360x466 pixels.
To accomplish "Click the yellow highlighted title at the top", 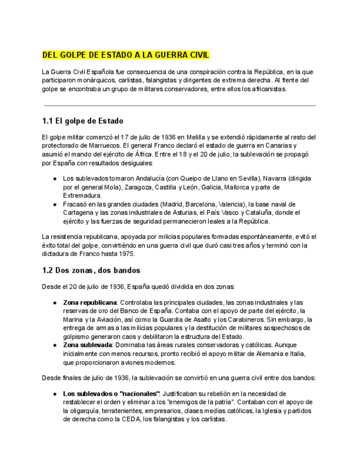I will click(x=126, y=56).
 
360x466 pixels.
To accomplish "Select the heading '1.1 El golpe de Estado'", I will click(x=82, y=121).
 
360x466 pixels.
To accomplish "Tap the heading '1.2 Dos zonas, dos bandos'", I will click(x=91, y=270).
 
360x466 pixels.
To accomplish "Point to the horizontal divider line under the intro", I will click(x=180, y=106).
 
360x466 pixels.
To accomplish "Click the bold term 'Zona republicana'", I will click(x=90, y=303).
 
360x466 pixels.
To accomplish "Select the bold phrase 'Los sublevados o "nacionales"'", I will click(x=111, y=393).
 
